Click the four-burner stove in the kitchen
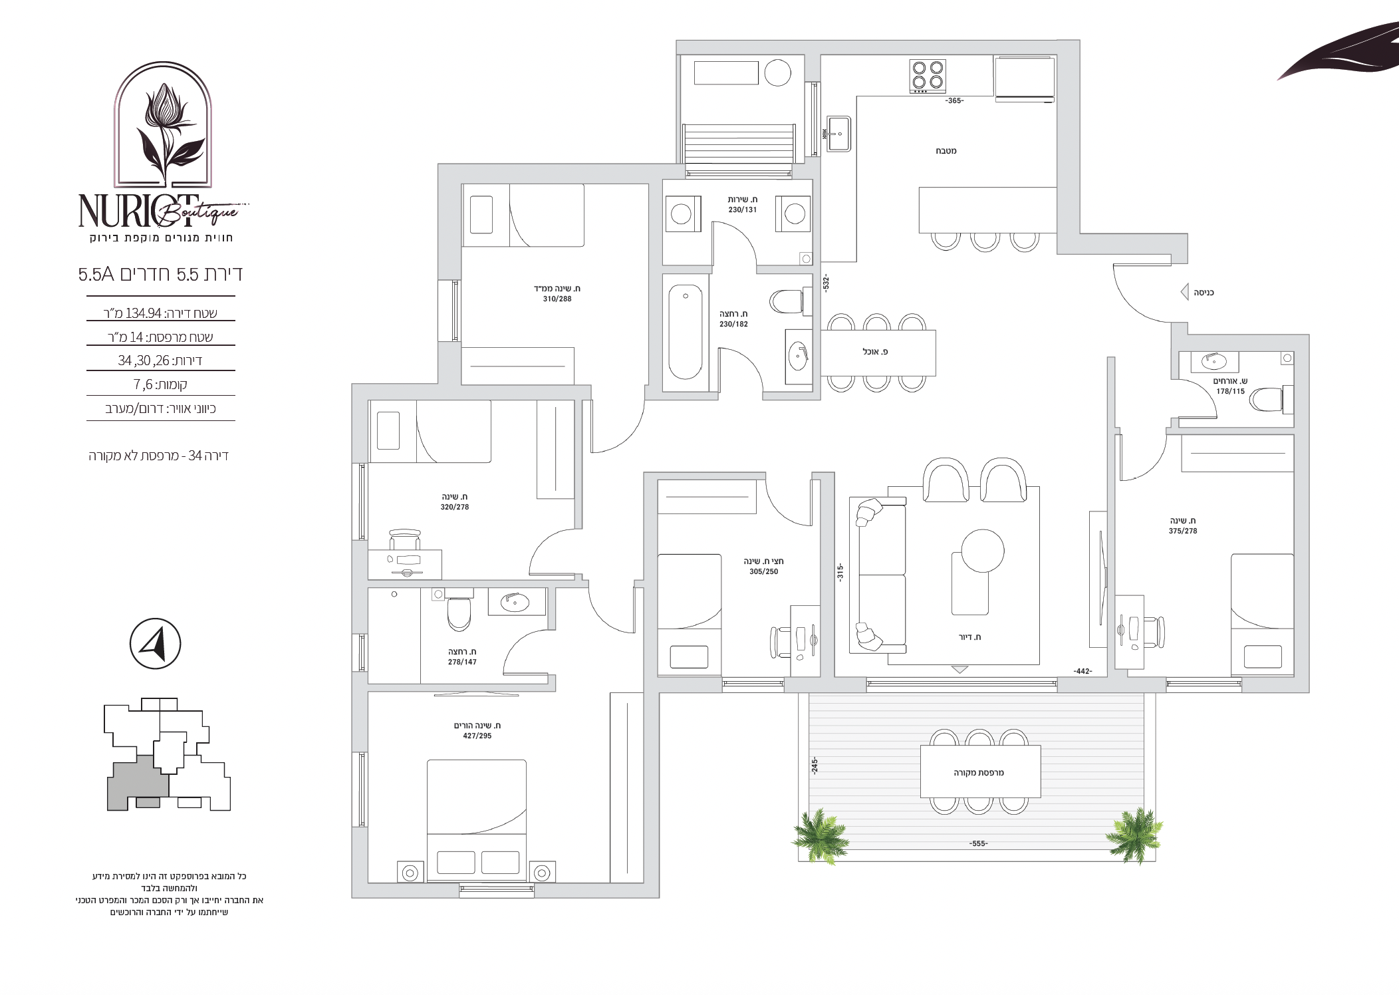(x=928, y=75)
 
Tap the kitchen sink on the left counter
(x=839, y=134)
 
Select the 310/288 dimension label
(x=557, y=299)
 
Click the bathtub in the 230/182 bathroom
(x=685, y=333)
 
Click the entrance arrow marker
(x=1184, y=292)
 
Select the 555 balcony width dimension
(x=978, y=844)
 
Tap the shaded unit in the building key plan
(x=138, y=783)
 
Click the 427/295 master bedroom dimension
(x=477, y=736)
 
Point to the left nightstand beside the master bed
(x=410, y=872)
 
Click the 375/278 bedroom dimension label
(x=1183, y=531)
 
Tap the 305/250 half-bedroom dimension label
(x=763, y=572)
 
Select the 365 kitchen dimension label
(x=954, y=101)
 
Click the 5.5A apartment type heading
(x=97, y=275)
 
